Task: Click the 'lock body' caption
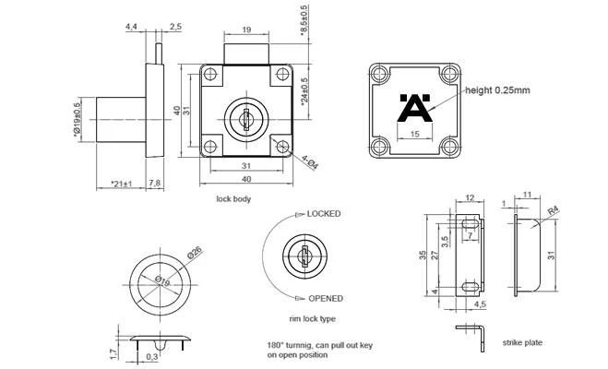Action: (x=233, y=199)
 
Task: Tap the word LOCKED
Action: (x=324, y=214)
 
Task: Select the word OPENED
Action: (x=326, y=299)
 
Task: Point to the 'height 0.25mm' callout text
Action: (x=497, y=90)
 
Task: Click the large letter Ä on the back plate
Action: (x=415, y=108)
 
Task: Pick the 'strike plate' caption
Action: (x=522, y=342)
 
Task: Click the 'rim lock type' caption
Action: (x=312, y=318)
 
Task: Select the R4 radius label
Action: (x=554, y=211)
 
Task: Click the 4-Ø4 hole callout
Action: (x=310, y=162)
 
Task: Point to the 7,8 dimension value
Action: (x=155, y=183)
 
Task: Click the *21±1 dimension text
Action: (x=121, y=184)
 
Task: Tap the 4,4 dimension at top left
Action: (x=131, y=27)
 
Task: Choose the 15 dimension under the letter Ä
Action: (x=414, y=134)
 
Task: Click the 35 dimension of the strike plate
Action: (x=423, y=255)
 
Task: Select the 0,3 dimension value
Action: (x=151, y=356)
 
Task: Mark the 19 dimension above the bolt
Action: (x=246, y=30)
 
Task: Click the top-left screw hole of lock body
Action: (x=210, y=74)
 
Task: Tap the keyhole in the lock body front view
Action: (x=245, y=119)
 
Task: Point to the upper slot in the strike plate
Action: (x=470, y=224)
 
